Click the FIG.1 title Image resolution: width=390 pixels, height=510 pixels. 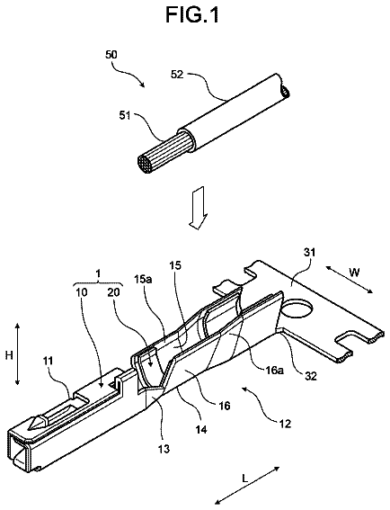(192, 14)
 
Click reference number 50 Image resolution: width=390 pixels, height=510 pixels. (111, 55)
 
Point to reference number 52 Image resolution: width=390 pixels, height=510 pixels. (177, 75)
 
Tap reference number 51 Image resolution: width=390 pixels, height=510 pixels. (125, 115)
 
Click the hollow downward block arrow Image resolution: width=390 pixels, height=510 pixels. (198, 208)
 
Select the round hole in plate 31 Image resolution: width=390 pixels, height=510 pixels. (297, 309)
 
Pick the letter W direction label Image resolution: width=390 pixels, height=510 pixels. (353, 273)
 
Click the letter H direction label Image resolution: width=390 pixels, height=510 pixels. (9, 355)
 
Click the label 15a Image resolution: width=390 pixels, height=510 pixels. (143, 280)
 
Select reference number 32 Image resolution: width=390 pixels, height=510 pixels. (310, 376)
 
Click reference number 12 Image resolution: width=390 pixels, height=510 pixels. (285, 424)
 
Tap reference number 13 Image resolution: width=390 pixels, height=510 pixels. (164, 449)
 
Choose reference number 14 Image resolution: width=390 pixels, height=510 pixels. (201, 429)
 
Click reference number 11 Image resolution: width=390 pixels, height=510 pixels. (47, 361)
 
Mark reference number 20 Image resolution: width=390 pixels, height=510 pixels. (113, 292)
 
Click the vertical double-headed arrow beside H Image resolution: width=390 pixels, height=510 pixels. (18, 353)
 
